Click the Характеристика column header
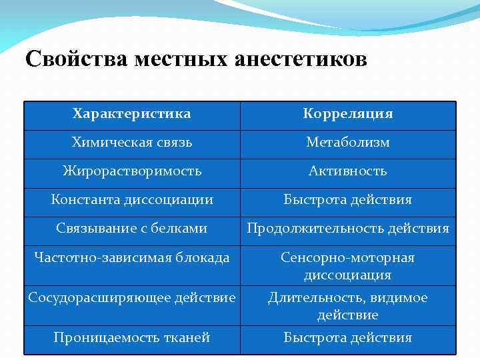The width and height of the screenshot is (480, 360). pyautogui.click(x=132, y=114)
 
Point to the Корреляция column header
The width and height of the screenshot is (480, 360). pyautogui.click(x=348, y=114)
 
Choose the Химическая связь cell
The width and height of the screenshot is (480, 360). pyautogui.click(x=132, y=142)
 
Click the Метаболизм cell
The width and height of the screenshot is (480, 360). pyautogui.click(x=348, y=142)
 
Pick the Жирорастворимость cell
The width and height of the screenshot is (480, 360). pyautogui.click(x=132, y=171)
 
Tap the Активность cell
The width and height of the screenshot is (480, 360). pyautogui.click(x=348, y=171)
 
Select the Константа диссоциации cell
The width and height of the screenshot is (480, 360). pyautogui.click(x=132, y=199)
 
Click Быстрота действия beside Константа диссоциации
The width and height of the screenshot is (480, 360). pyautogui.click(x=348, y=199)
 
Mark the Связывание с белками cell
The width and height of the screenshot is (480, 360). pyautogui.click(x=132, y=228)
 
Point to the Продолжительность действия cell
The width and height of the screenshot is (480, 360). pyautogui.click(x=348, y=229)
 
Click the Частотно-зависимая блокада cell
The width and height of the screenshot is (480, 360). pyautogui.click(x=132, y=257)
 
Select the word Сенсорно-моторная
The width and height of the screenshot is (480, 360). pyautogui.click(x=348, y=257)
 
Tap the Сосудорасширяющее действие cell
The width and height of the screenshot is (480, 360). pyautogui.click(x=132, y=297)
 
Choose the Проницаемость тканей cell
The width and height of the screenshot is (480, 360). pyautogui.click(x=132, y=337)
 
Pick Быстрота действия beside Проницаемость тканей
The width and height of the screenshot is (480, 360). pyautogui.click(x=348, y=337)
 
